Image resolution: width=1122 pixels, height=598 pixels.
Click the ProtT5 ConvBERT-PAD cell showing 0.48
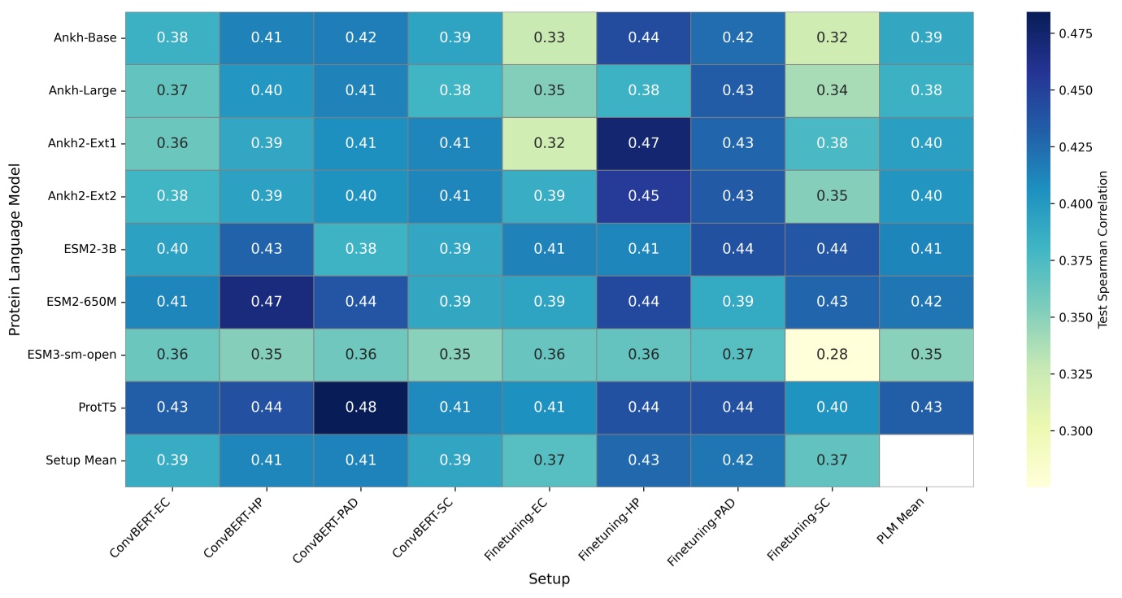pyautogui.click(x=360, y=407)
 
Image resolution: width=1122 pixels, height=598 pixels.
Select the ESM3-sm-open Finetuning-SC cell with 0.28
pyautogui.click(x=832, y=354)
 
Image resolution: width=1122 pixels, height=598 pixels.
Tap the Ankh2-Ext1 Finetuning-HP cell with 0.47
pyautogui.click(x=643, y=143)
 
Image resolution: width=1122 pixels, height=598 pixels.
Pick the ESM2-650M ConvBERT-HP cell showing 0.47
pyautogui.click(x=266, y=302)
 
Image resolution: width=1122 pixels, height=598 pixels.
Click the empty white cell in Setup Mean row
pyautogui.click(x=926, y=460)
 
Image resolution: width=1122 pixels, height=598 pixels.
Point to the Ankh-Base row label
pyautogui.click(x=85, y=37)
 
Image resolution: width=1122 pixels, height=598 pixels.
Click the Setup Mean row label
pyautogui.click(x=81, y=460)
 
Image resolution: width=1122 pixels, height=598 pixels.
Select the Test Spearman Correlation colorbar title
pyautogui.click(x=1103, y=249)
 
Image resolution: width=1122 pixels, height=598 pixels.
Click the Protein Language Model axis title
pyautogui.click(x=14, y=249)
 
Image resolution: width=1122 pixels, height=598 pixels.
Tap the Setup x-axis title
pyautogui.click(x=549, y=579)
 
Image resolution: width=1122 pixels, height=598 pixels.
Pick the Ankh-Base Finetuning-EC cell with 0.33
pyautogui.click(x=549, y=37)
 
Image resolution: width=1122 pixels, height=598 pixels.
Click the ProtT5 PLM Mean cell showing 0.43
pyautogui.click(x=926, y=407)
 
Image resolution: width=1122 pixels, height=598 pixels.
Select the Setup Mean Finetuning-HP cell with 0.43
pyautogui.click(x=643, y=460)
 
